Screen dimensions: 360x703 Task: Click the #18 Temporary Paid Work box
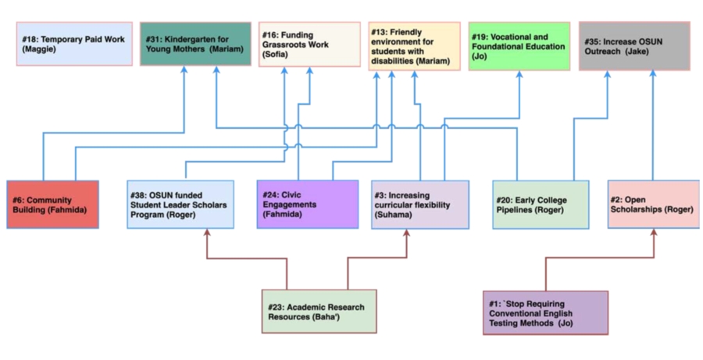tap(74, 44)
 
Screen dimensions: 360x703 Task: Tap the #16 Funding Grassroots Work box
tap(309, 44)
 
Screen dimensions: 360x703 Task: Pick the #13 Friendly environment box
tap(415, 46)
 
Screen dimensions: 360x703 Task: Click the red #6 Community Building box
tap(53, 204)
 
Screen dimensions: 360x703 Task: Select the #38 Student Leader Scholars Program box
tap(180, 204)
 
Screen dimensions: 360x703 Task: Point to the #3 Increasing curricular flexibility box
tap(420, 204)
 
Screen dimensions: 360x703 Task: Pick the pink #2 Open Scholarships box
tap(654, 204)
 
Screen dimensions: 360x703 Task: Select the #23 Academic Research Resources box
tap(319, 311)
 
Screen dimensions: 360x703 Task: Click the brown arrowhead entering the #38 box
tap(206, 233)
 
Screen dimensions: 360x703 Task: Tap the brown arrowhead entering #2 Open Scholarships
tap(653, 233)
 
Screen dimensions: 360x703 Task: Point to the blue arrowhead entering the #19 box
tap(519, 75)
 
